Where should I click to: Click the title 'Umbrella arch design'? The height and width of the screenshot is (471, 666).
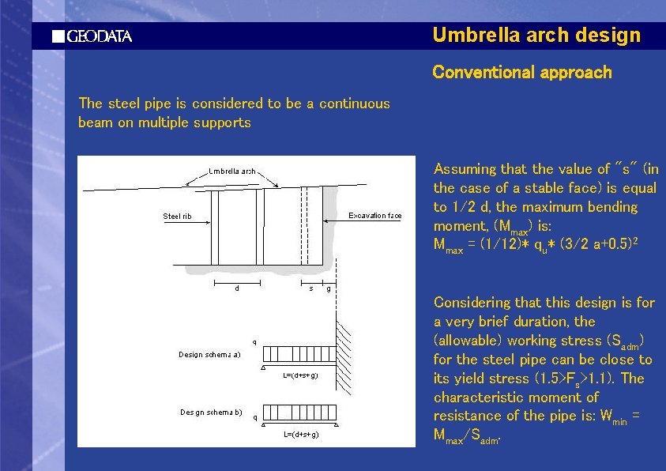pyautogui.click(x=536, y=36)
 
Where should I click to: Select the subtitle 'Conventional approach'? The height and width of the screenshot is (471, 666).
pyautogui.click(x=521, y=73)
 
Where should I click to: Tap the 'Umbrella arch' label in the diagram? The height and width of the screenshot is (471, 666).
pyautogui.click(x=231, y=171)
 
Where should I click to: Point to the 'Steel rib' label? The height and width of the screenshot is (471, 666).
pyautogui.click(x=177, y=216)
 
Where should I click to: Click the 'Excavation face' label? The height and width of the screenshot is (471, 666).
pyautogui.click(x=375, y=216)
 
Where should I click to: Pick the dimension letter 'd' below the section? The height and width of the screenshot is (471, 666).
pyautogui.click(x=237, y=288)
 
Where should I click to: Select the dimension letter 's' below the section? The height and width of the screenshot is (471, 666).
pyautogui.click(x=310, y=288)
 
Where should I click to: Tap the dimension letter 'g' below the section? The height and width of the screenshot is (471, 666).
pyautogui.click(x=329, y=288)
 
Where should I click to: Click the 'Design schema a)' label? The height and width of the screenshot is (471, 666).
pyautogui.click(x=208, y=355)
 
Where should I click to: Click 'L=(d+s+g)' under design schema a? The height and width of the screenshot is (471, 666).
pyautogui.click(x=300, y=375)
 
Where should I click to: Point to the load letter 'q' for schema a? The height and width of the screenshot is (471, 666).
pyautogui.click(x=254, y=342)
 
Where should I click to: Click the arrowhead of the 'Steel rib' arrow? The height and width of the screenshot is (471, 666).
pyautogui.click(x=210, y=224)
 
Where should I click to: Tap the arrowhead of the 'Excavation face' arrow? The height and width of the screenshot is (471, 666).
pyautogui.click(x=325, y=224)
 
